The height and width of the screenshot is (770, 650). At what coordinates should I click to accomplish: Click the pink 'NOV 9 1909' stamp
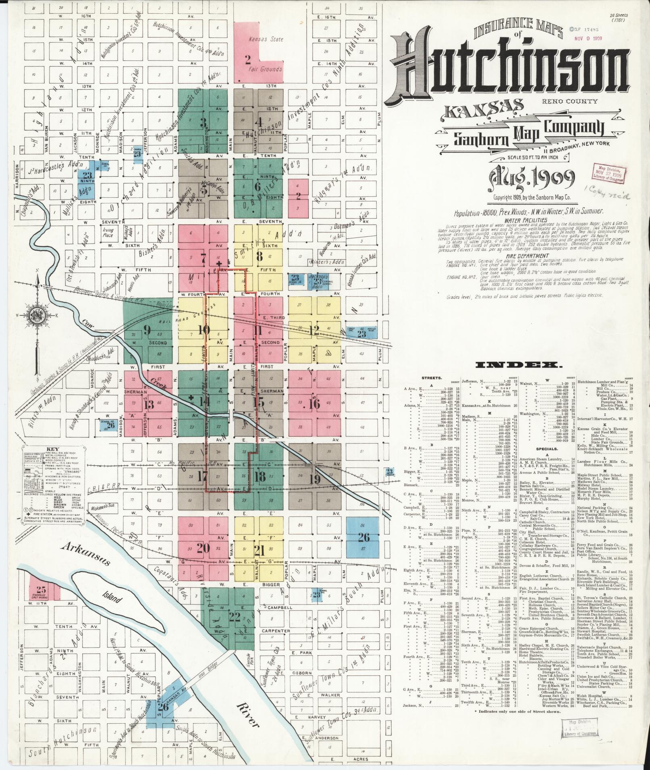click(588, 39)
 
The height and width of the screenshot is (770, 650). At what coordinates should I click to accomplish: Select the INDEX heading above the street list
click(519, 365)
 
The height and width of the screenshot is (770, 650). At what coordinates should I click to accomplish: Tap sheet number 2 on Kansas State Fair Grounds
click(247, 60)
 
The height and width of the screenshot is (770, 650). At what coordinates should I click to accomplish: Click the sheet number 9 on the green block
click(147, 331)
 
